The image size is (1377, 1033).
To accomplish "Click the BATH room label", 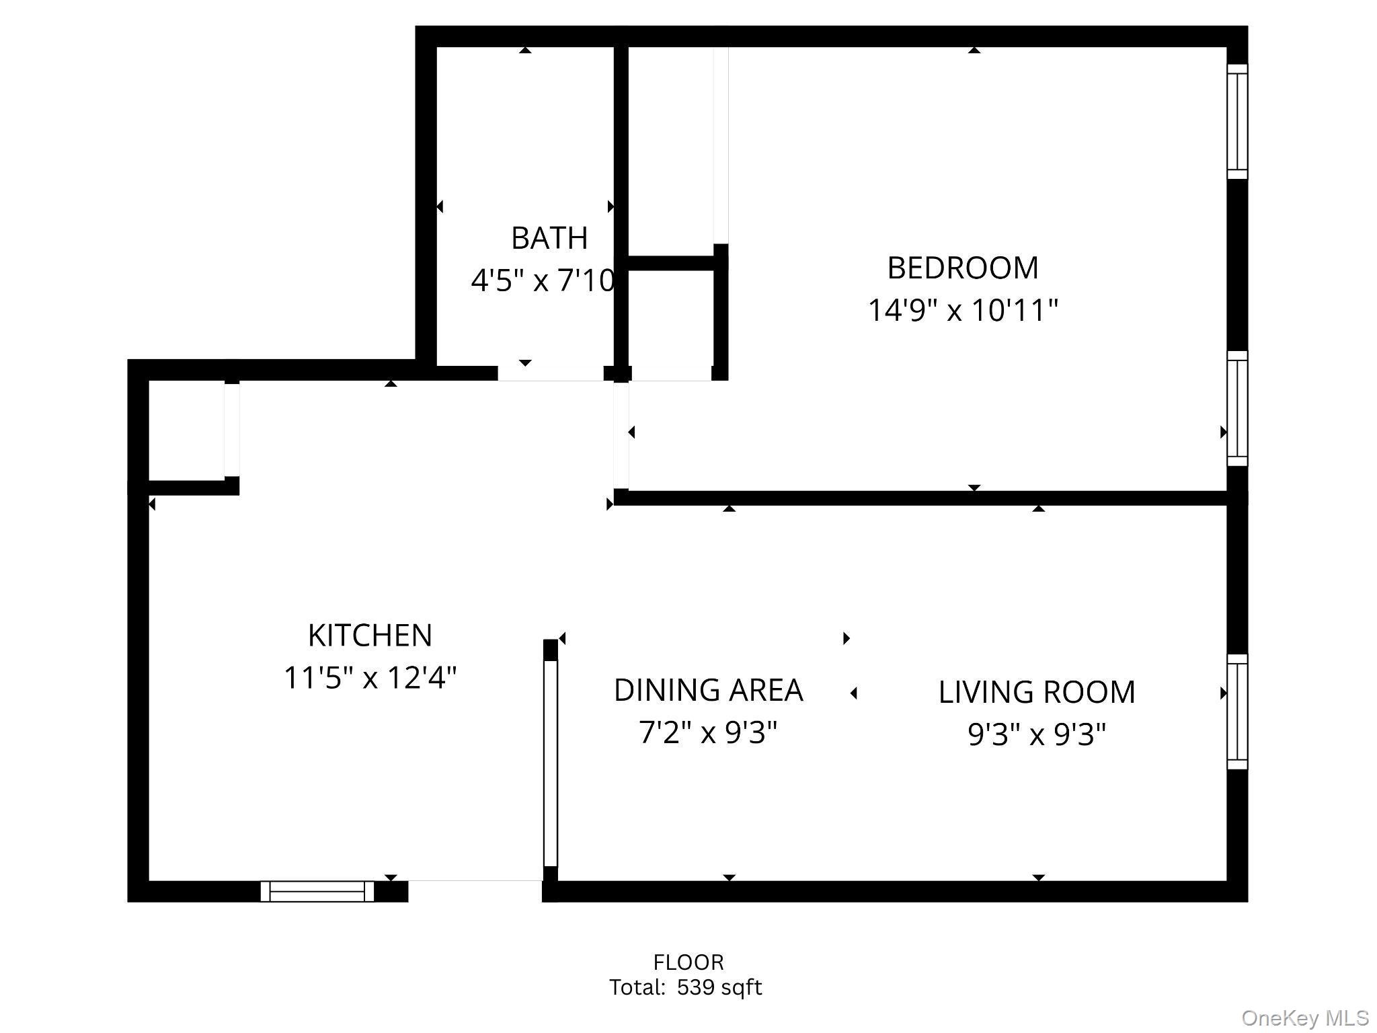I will (549, 238).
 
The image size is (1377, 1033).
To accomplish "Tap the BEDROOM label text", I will (962, 268).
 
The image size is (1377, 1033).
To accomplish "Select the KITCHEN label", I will (370, 636).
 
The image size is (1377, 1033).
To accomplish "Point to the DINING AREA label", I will (708, 691).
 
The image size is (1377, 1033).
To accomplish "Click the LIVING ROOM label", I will (1036, 693).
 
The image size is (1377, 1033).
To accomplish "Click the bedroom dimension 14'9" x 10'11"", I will (962, 311).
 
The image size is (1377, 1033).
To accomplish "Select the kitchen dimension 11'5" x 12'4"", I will (370, 678).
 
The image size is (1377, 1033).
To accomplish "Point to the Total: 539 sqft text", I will (685, 987).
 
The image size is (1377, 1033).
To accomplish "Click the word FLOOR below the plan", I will (688, 962).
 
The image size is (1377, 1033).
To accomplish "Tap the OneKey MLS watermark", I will (1304, 1018).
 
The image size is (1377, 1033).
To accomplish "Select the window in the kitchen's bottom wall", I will (317, 892).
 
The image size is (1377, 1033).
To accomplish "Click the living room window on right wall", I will (1237, 712).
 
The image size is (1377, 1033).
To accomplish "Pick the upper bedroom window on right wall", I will (1237, 122).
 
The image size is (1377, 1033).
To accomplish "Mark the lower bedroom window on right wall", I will (1237, 408).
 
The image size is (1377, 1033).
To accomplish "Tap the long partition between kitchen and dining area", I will (550, 763).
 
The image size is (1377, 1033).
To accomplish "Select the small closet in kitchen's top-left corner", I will (186, 430).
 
